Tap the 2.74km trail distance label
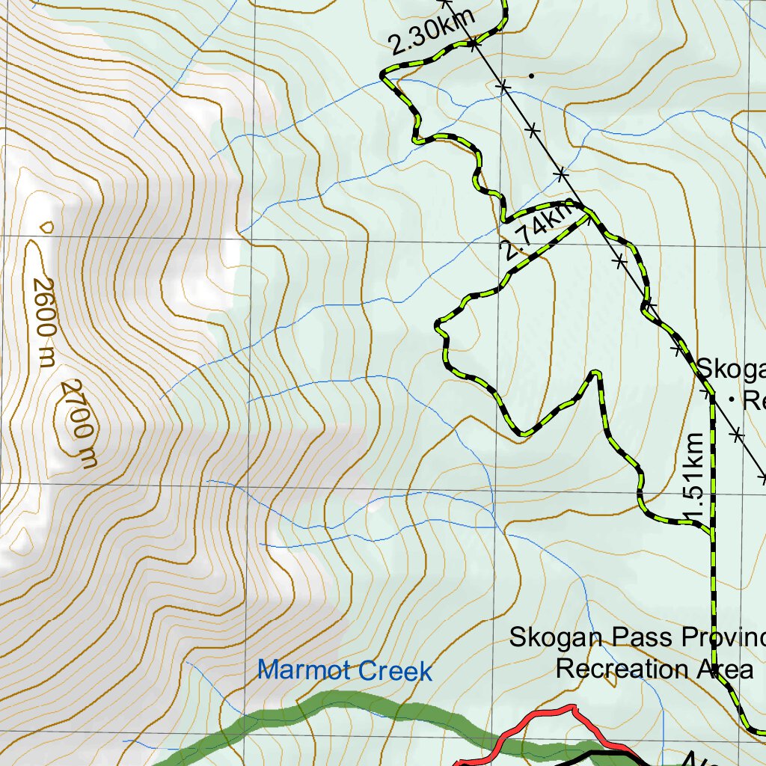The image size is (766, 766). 538,233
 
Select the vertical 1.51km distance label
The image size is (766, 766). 695,478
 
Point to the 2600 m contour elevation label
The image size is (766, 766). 44,322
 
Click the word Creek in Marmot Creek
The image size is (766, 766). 395,671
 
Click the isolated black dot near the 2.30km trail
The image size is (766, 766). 531,75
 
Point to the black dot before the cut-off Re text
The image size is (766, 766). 730,401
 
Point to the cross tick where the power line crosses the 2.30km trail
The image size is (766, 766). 474,45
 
